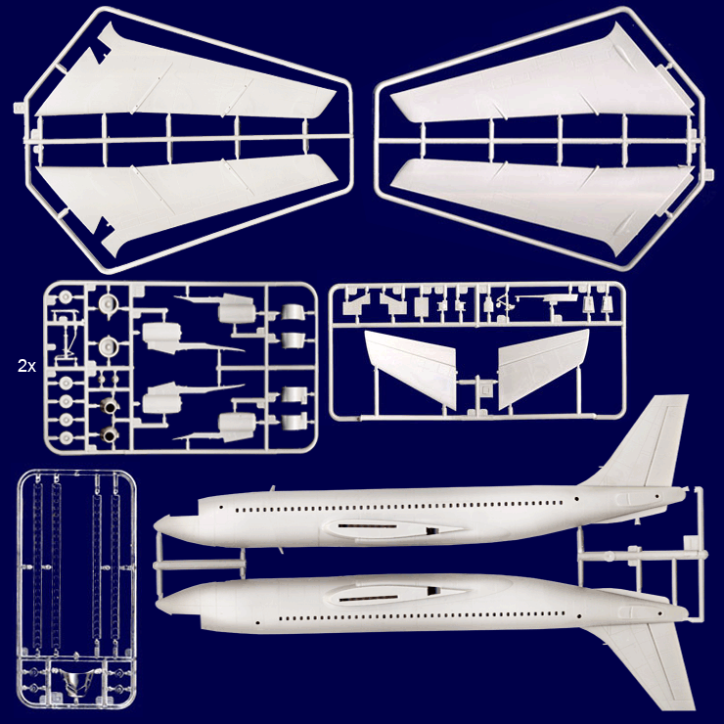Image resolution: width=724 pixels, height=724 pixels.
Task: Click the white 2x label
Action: click(x=26, y=366)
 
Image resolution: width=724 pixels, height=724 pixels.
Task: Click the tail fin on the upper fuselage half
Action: click(x=651, y=441)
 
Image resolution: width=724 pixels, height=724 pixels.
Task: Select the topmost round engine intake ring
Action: click(x=108, y=298)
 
